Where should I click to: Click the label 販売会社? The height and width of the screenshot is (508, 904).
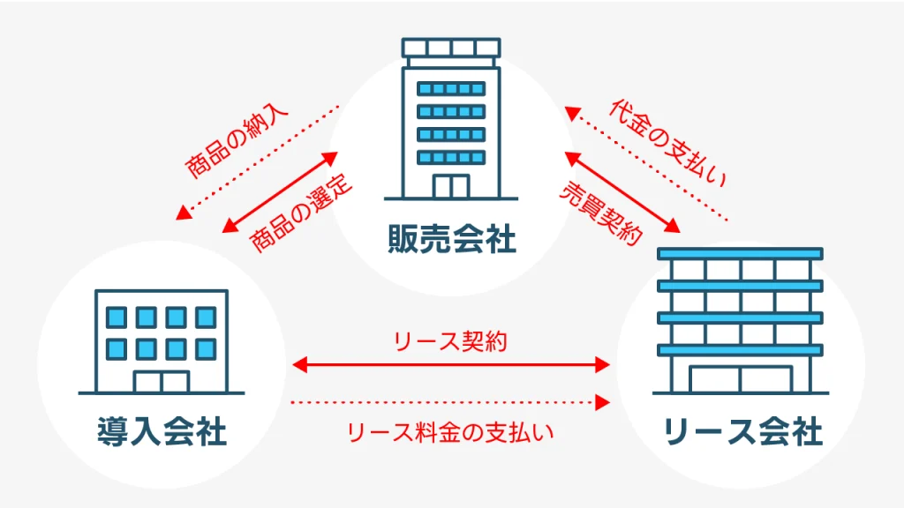(451, 240)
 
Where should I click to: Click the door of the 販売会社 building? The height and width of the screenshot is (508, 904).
(451, 186)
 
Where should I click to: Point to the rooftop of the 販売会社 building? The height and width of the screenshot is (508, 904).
(451, 48)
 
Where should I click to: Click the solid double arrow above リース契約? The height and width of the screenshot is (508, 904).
(450, 363)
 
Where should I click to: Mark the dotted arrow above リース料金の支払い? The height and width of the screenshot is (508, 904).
(450, 403)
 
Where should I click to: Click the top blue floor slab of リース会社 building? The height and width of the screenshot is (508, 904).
(740, 253)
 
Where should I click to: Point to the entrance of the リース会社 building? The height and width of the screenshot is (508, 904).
(740, 378)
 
